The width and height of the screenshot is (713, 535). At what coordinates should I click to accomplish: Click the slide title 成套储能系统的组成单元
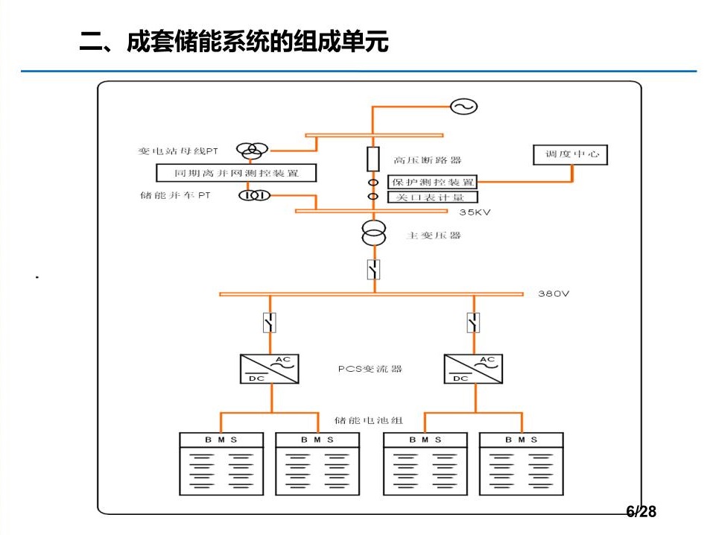[x=234, y=42]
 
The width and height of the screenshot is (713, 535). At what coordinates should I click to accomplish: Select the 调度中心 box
[x=571, y=154]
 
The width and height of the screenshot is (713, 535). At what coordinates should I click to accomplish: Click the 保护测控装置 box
[x=433, y=182]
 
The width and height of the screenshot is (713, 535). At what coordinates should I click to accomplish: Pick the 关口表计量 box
[x=433, y=197]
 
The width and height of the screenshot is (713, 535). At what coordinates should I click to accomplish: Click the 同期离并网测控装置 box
[x=235, y=173]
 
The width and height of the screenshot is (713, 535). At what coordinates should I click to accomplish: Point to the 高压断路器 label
[x=428, y=159]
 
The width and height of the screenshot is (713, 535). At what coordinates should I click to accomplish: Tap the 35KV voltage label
[x=475, y=212]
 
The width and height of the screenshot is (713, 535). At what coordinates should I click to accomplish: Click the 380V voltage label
[x=554, y=294]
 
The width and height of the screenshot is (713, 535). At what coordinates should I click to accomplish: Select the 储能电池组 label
[x=368, y=420]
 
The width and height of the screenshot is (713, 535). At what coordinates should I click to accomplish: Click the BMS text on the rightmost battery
[x=521, y=440]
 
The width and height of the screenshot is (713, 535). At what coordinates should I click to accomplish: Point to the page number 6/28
[x=641, y=511]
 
